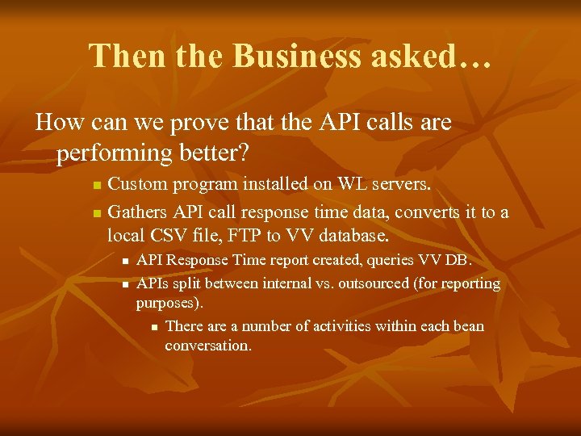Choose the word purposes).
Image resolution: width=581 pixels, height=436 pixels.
click(x=169, y=304)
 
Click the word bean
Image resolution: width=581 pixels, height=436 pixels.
click(x=468, y=327)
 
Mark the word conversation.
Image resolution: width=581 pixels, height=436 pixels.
click(x=208, y=346)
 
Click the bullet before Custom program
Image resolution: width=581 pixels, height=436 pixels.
click(x=97, y=186)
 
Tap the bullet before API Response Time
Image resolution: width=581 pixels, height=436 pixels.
click(x=125, y=262)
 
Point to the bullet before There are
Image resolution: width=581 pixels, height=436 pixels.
click(x=153, y=328)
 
